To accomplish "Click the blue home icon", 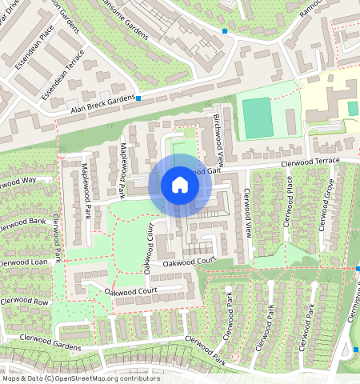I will tap(180, 186).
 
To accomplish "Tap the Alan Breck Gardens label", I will tap(103, 104).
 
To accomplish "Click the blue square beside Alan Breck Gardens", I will tap(138, 98).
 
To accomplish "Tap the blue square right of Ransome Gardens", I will tap(225, 31).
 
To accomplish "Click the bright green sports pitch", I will tap(257, 117).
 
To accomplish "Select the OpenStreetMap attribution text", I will tap(80, 378).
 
